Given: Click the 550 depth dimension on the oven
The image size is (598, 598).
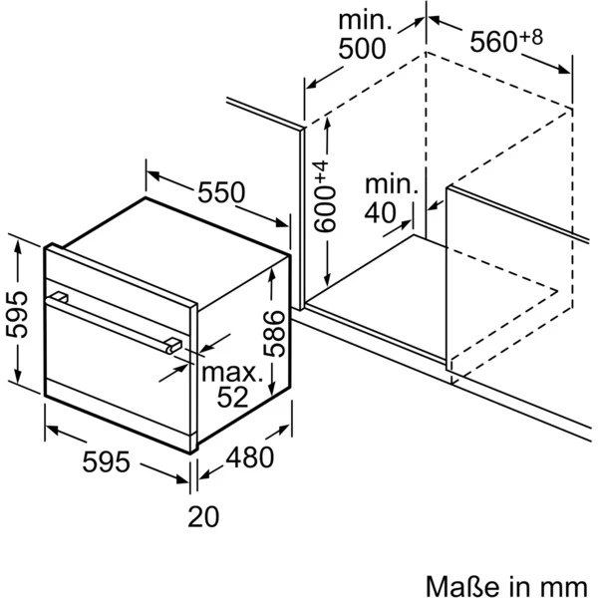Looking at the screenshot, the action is coord(221,192).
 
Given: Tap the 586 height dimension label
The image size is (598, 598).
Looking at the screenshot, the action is coord(275,334).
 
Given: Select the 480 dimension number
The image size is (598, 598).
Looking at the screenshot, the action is coord(250,456).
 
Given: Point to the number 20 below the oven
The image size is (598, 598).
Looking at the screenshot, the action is coord(203,516).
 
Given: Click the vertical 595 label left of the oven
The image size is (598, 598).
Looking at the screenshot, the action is coord(17,314).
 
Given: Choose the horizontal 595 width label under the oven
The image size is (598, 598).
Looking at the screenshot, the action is coord(106,461).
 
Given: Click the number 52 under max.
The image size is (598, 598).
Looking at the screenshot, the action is coord(232,397).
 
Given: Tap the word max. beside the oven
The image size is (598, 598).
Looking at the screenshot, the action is coord(232,373).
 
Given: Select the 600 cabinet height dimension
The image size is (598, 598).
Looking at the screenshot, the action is coord(325,208).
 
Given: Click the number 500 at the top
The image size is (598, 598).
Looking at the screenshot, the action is coord(363,49).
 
